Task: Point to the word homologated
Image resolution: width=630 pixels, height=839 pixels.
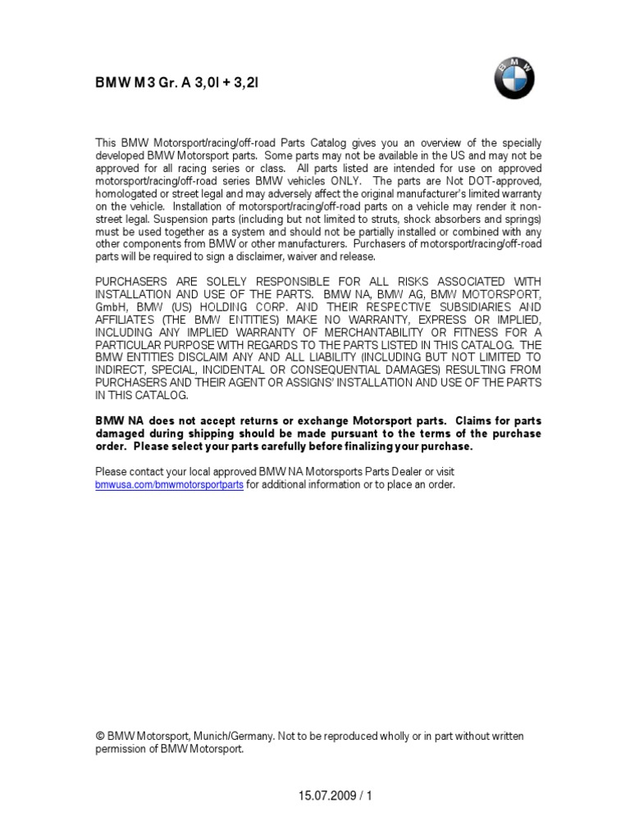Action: [130, 193]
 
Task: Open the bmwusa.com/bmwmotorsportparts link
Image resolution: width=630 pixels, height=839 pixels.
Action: [170, 484]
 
